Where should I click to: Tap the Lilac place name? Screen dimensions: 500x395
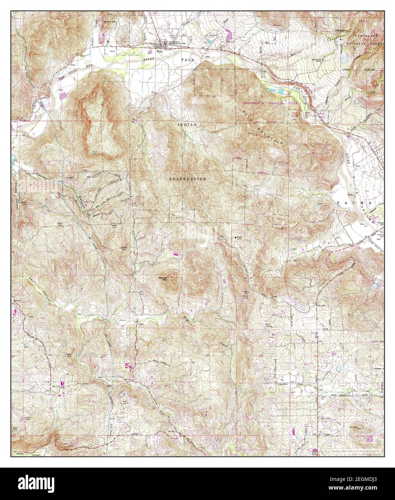141,323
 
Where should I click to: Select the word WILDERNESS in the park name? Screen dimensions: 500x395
253,103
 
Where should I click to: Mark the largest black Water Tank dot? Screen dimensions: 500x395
236,237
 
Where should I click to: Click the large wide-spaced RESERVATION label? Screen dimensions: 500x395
188,179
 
